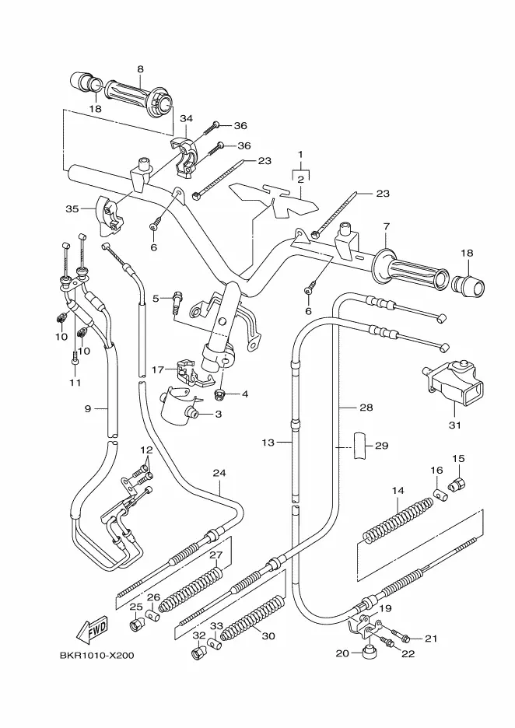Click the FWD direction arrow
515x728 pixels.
tap(91, 627)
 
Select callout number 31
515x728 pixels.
tap(455, 425)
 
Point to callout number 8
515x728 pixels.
tap(140, 69)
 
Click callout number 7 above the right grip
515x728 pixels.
tap(384, 226)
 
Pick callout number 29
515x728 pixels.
tap(381, 446)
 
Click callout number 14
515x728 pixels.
tap(398, 491)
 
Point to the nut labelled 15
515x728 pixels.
tap(458, 486)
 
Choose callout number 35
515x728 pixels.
tap(73, 209)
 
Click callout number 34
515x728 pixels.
tap(185, 118)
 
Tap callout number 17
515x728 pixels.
tap(158, 369)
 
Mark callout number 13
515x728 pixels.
tap(268, 443)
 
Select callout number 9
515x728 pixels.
tap(89, 408)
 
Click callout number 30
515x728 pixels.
tap(268, 636)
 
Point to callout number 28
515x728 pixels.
tap(366, 407)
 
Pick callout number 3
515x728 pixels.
tap(217, 415)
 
